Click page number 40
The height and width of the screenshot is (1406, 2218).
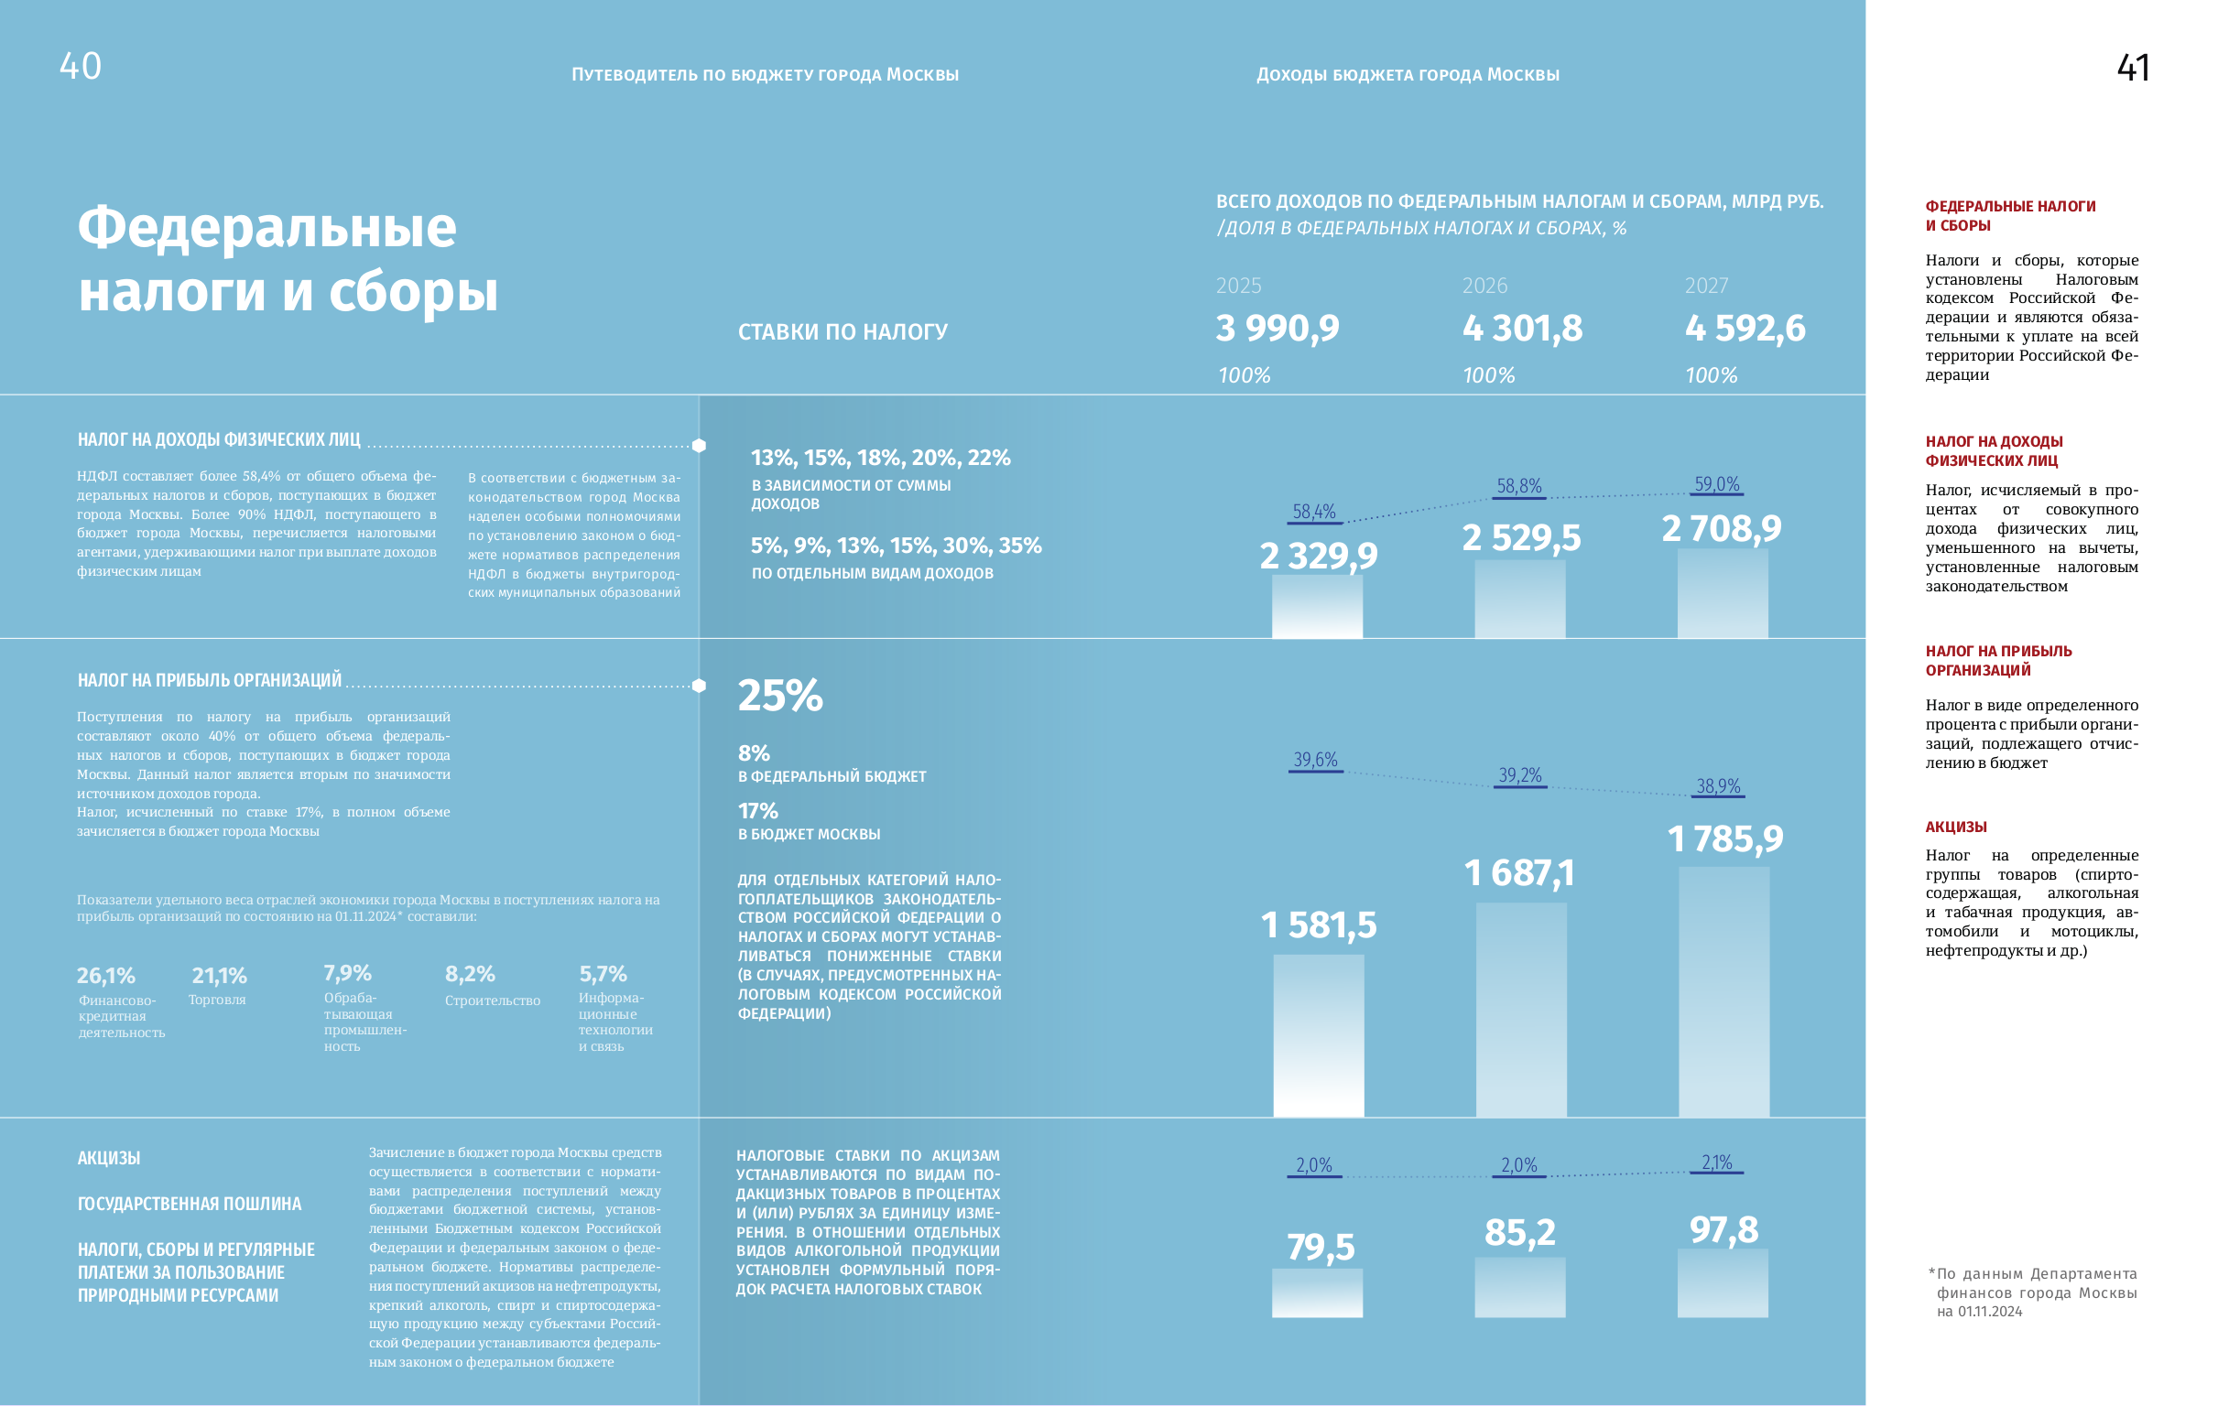click(81, 66)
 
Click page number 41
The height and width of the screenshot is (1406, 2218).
click(2133, 68)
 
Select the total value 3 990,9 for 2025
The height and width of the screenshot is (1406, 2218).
click(1278, 329)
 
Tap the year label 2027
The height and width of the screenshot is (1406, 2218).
click(1706, 287)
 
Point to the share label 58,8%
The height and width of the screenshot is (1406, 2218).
click(1519, 486)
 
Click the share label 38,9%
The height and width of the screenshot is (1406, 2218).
click(1719, 786)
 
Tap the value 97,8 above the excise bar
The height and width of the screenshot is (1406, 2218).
click(1723, 1230)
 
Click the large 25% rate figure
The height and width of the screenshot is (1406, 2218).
click(780, 695)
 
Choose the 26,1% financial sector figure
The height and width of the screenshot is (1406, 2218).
click(106, 975)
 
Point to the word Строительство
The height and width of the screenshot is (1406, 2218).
click(493, 1000)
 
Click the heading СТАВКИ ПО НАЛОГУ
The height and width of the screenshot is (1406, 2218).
click(843, 332)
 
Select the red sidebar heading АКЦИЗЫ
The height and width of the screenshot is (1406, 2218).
click(1955, 827)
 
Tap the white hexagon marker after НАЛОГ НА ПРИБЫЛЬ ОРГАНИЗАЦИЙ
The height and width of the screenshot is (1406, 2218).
click(699, 686)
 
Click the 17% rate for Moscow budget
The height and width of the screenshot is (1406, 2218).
click(758, 811)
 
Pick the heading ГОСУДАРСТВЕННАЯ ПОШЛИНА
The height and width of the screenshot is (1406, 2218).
click(190, 1204)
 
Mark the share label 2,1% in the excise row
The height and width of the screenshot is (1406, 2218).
click(1717, 1163)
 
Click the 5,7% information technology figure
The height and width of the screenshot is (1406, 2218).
click(603, 974)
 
